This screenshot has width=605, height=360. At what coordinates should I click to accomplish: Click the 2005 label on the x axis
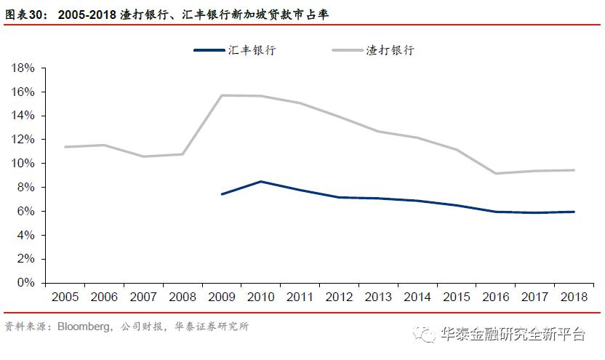pyautogui.click(x=65, y=297)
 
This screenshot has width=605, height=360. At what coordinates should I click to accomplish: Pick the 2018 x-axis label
pyautogui.click(x=574, y=297)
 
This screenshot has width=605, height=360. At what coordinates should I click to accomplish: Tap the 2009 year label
pyautogui.click(x=222, y=297)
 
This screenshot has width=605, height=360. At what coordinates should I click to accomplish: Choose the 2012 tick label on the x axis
pyautogui.click(x=340, y=297)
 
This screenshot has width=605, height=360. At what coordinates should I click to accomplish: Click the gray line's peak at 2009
pyautogui.click(x=222, y=95)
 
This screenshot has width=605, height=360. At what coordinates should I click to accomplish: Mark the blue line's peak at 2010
pyautogui.click(x=261, y=181)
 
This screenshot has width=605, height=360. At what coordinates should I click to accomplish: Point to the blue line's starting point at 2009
pyautogui.click(x=222, y=194)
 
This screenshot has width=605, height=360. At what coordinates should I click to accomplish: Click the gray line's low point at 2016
pyautogui.click(x=496, y=173)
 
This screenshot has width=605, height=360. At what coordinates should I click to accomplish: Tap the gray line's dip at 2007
pyautogui.click(x=143, y=156)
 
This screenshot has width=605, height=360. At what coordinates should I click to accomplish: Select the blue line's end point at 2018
pyautogui.click(x=574, y=212)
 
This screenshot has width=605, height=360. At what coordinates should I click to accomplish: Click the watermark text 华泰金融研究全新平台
pyautogui.click(x=513, y=335)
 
